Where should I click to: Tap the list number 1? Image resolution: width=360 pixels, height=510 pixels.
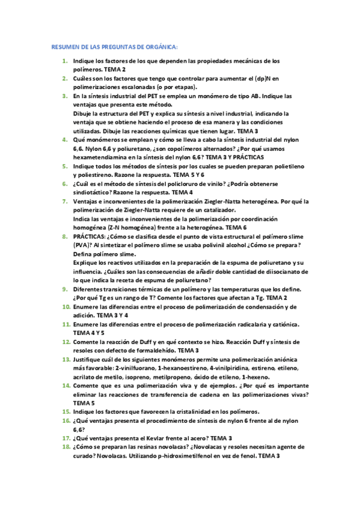tap(65, 61)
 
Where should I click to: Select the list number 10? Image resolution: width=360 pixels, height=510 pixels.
tap(66, 307)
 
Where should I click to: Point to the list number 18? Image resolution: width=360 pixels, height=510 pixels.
tap(66, 447)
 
